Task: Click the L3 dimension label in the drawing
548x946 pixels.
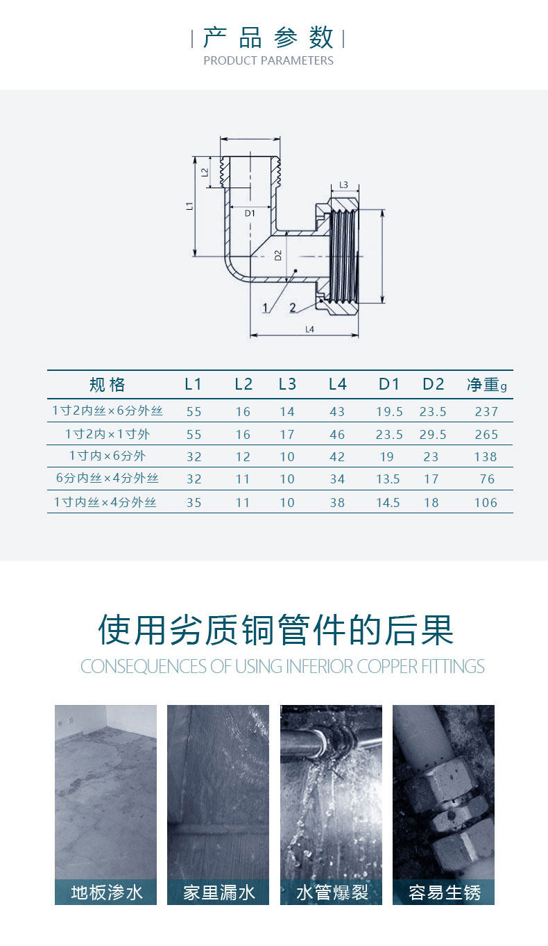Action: [344, 185]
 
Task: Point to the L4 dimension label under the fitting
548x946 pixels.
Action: [310, 329]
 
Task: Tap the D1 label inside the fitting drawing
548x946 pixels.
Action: [250, 213]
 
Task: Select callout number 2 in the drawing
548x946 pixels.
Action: [293, 307]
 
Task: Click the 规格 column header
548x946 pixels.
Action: [108, 384]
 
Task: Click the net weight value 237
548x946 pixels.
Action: [487, 411]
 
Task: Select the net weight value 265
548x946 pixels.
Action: [487, 434]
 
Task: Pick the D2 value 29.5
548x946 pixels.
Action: [433, 434]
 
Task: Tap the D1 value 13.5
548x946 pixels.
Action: [388, 479]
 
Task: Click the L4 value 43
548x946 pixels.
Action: [337, 411]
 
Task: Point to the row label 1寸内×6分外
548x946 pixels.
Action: [108, 456]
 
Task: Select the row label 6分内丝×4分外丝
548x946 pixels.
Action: [108, 479]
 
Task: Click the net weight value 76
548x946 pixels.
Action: [487, 479]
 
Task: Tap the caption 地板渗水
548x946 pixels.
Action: [107, 892]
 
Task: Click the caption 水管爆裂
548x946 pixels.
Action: [332, 892]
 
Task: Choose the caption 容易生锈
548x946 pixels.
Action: [444, 892]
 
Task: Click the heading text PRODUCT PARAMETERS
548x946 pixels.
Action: [268, 60]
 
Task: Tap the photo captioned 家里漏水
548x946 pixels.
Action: [219, 792]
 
